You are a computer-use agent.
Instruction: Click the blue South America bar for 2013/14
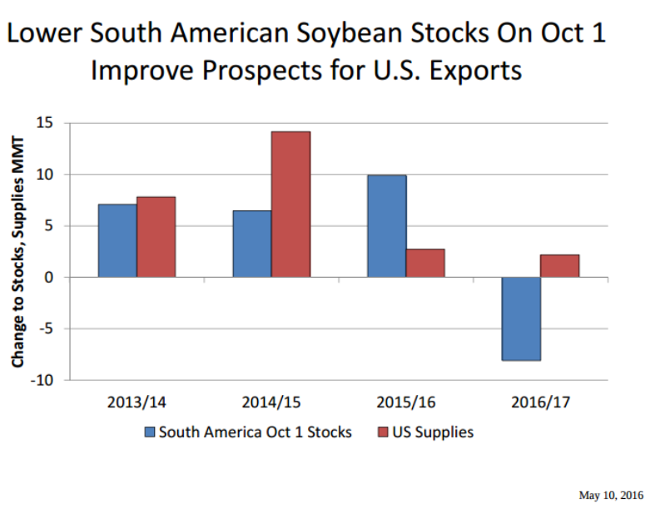coord(117,240)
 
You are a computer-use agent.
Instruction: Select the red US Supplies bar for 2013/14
coord(156,237)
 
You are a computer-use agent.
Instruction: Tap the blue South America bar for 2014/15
coord(251,244)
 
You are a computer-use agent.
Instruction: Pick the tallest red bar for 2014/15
coord(290,205)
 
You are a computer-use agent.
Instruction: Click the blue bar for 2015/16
coord(387,226)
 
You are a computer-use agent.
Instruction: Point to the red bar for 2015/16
coord(425,263)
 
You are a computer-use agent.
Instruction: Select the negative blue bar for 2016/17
coord(521,318)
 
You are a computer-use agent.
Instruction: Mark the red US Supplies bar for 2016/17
coord(559,266)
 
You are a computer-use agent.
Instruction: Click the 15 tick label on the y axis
coord(43,123)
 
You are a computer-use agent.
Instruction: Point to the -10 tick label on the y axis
coord(41,380)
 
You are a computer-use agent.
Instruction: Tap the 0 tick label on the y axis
coord(47,277)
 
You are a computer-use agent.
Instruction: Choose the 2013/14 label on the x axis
coord(136,402)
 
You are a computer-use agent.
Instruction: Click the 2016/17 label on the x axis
coord(540,402)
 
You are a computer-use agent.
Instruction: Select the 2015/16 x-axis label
coord(406,402)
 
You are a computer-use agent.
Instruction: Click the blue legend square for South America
coord(150,432)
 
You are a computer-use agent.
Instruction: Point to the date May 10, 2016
coord(611,496)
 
